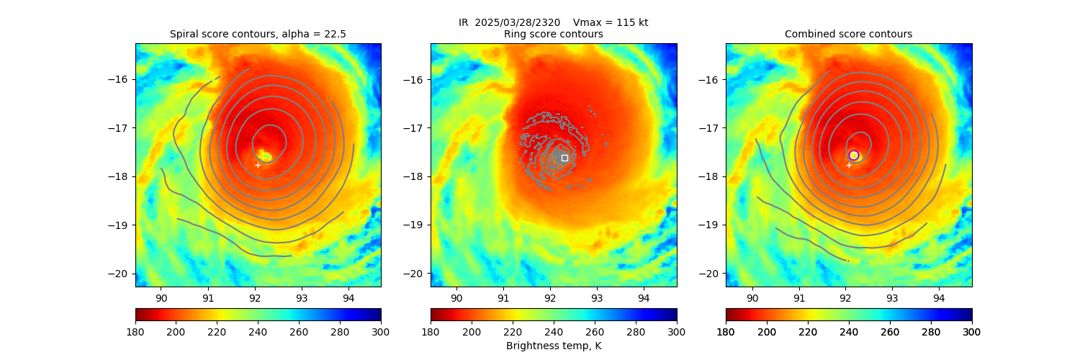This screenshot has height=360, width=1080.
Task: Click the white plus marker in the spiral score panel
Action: pyautogui.click(x=258, y=165)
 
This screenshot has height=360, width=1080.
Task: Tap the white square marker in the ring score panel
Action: pyautogui.click(x=564, y=158)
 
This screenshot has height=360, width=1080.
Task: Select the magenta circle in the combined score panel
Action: pyautogui.click(x=854, y=155)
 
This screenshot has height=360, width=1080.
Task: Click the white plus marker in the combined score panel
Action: pyautogui.click(x=849, y=165)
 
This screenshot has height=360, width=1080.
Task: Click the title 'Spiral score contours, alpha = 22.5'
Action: pyautogui.click(x=258, y=34)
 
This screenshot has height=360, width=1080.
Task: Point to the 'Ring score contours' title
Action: pyautogui.click(x=553, y=34)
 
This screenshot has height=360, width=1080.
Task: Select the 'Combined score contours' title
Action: pyautogui.click(x=848, y=34)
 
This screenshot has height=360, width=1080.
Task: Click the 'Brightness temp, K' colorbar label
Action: pyautogui.click(x=553, y=346)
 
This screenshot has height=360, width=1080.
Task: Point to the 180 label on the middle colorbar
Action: pyautogui.click(x=431, y=331)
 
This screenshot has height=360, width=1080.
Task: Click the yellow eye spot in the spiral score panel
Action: pyautogui.click(x=264, y=156)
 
